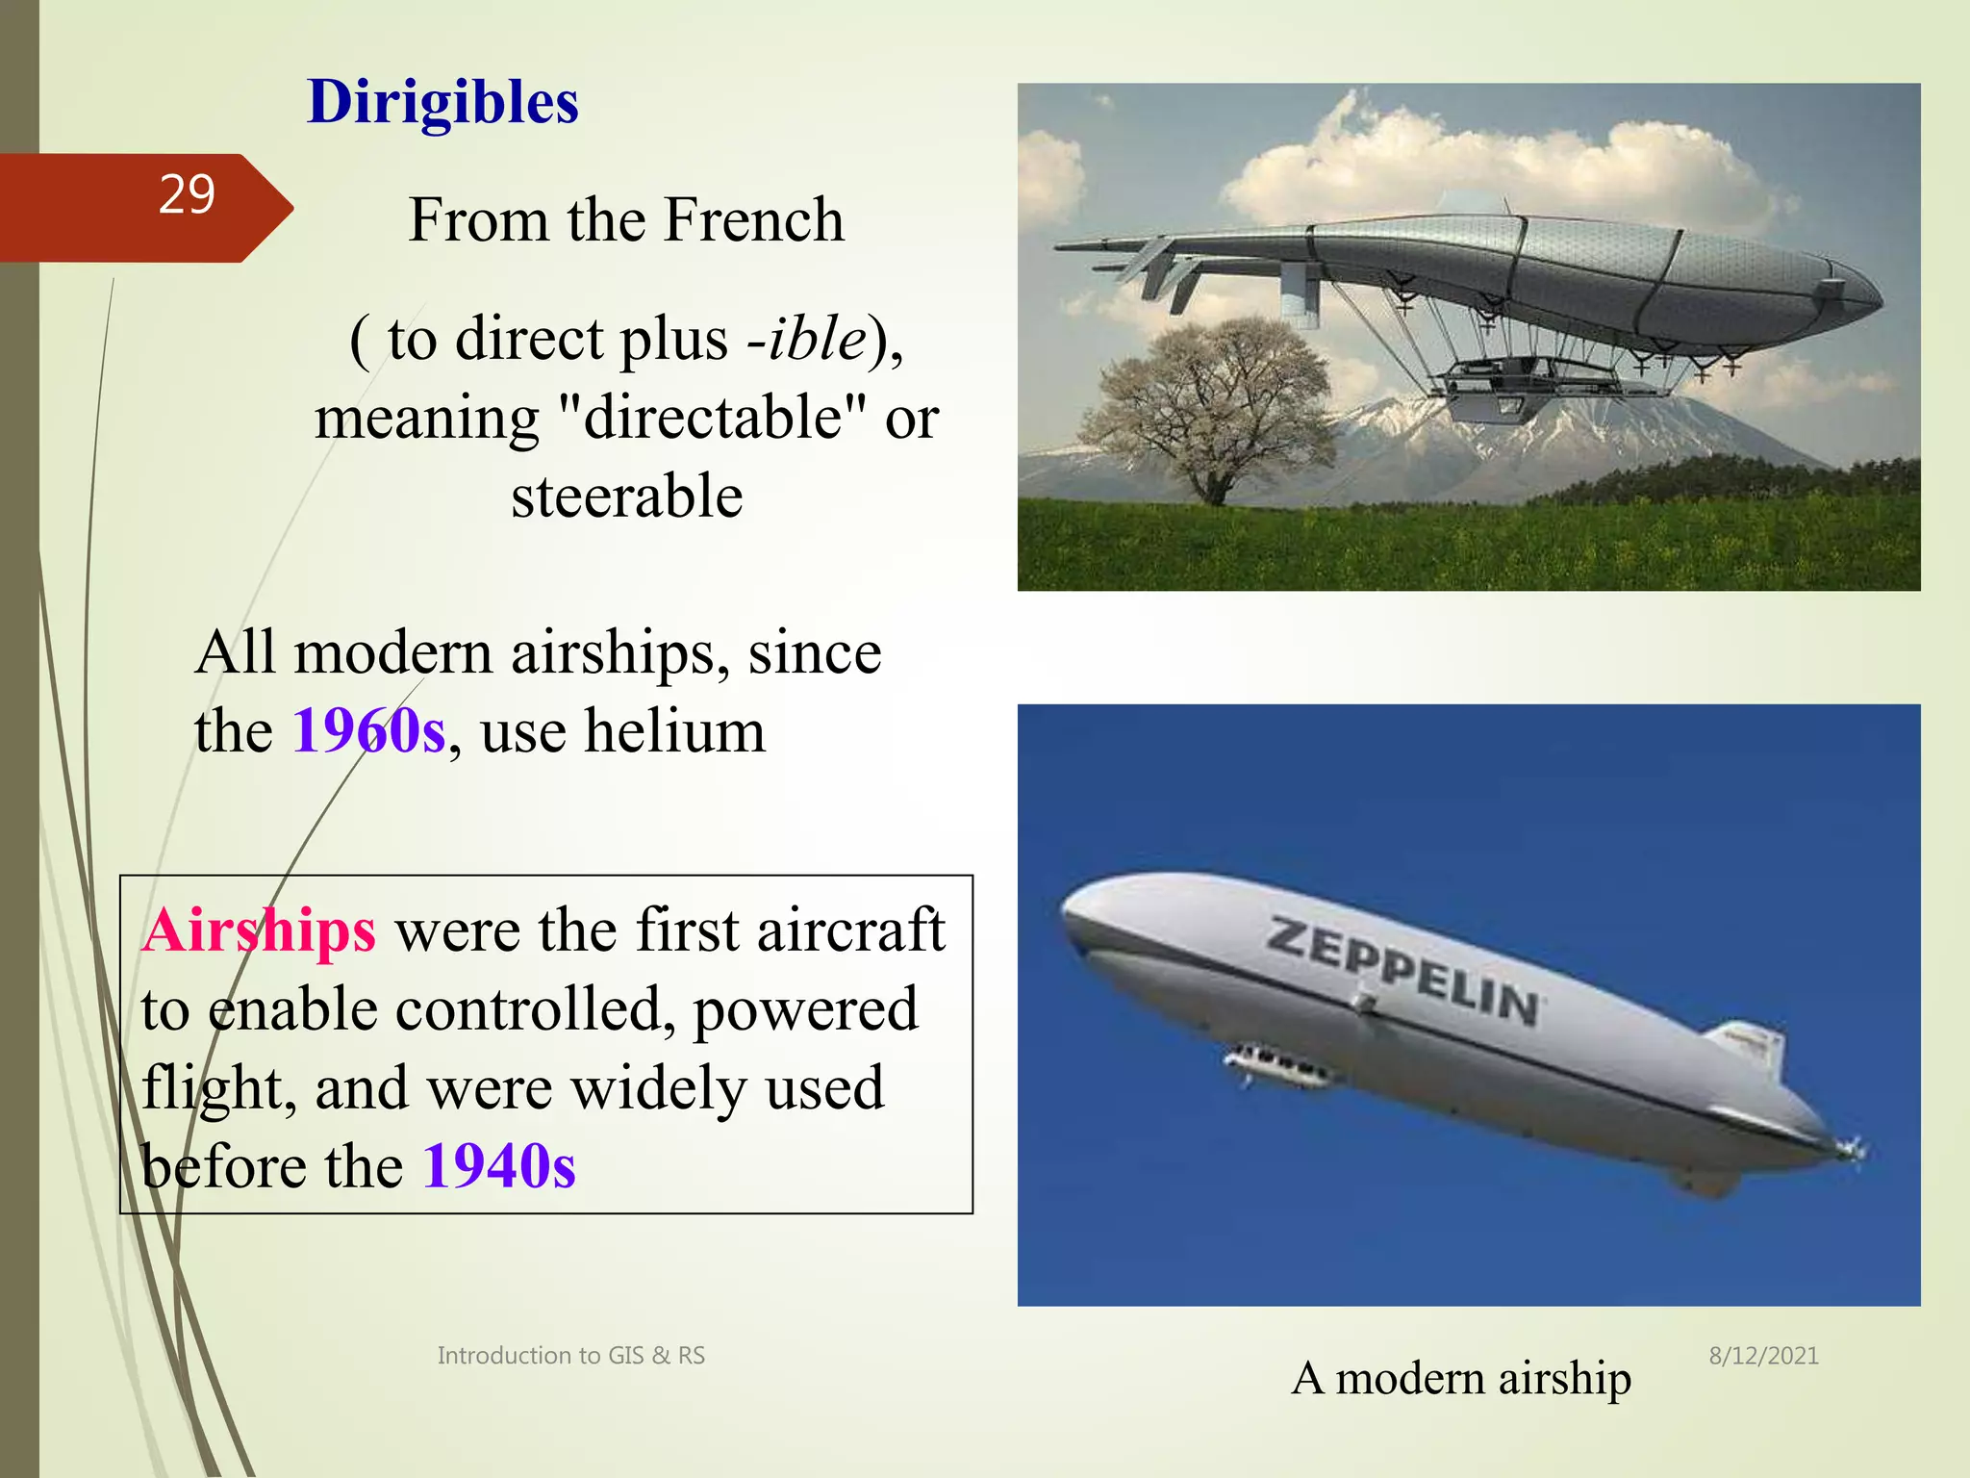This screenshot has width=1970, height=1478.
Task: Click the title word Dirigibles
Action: [442, 102]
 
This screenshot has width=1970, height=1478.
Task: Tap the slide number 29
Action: [187, 195]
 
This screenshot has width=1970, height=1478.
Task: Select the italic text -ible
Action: [806, 339]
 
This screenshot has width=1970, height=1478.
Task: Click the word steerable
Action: [626, 497]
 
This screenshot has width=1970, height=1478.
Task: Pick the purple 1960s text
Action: [369, 731]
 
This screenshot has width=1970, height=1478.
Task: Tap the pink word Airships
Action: [259, 931]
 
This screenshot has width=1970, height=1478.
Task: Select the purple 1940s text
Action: [499, 1167]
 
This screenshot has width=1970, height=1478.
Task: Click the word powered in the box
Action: [805, 1010]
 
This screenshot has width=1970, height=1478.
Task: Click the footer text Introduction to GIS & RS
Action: [570, 1356]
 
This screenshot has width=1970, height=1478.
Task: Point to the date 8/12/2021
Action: [1763, 1356]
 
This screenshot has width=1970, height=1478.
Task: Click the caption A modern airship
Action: [1460, 1378]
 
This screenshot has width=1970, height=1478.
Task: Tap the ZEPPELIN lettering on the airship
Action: [1404, 972]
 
